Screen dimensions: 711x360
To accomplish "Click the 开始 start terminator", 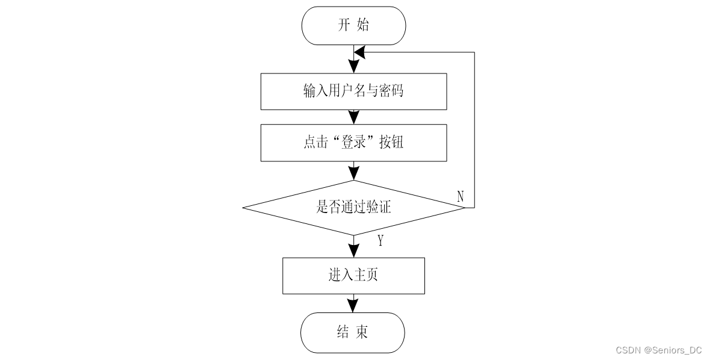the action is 353,25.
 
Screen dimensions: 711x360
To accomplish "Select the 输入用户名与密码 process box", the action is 353,91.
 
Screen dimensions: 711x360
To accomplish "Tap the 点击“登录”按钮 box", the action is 353,143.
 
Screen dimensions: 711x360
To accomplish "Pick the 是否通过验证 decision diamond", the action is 353,208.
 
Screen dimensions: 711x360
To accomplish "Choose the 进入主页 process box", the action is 353,276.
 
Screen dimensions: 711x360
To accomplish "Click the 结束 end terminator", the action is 353,333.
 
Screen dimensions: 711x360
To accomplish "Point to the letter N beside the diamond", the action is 460,196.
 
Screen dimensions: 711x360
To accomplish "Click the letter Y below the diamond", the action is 380,241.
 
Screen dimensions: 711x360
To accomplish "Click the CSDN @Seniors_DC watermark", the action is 659,350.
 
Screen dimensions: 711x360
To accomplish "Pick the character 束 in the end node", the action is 362,332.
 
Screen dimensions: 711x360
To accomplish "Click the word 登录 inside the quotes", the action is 353,142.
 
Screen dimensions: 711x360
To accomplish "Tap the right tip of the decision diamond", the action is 465,208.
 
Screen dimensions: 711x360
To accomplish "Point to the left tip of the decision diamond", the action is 243,208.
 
